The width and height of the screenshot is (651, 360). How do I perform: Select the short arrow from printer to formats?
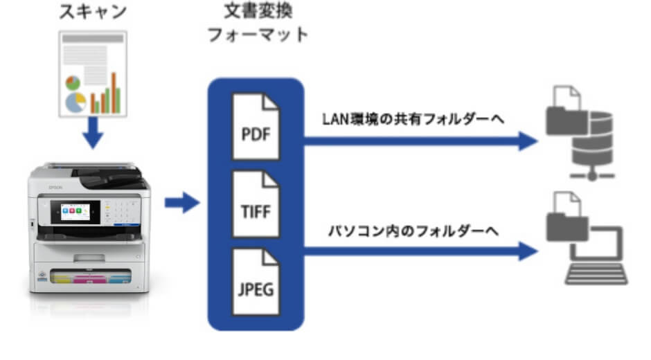[x=181, y=204]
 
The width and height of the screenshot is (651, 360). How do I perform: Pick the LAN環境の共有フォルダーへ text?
[x=413, y=118]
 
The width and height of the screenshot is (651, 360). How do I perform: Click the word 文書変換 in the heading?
[x=257, y=12]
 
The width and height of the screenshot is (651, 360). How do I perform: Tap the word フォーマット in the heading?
[x=257, y=35]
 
